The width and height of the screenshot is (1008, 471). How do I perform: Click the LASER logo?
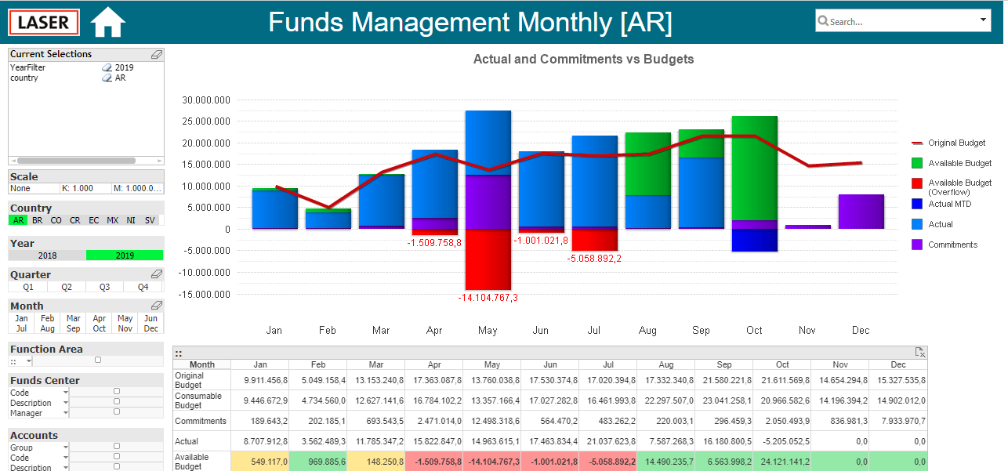[x=44, y=22]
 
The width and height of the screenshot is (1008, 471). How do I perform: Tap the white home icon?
[x=107, y=22]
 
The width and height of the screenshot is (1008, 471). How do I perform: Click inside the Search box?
[x=902, y=21]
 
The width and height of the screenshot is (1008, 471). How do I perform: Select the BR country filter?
[x=38, y=220]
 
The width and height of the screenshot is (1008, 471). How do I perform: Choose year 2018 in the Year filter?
[x=47, y=255]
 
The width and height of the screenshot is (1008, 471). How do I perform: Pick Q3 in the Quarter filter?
[x=104, y=287]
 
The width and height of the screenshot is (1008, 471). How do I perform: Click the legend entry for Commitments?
[x=945, y=245]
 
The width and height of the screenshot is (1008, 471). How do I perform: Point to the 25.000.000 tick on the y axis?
[x=205, y=121]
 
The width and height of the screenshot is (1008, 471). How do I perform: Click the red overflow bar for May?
[x=488, y=259]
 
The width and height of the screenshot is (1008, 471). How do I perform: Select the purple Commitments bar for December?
[x=861, y=212]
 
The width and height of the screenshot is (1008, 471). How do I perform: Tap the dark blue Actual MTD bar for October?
[x=755, y=241]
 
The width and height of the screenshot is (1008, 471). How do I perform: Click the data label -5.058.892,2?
[x=594, y=259]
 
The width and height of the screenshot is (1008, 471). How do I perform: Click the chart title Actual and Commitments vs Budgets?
[x=583, y=59]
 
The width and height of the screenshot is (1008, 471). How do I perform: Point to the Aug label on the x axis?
[x=647, y=330]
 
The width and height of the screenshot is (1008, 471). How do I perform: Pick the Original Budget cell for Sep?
[x=723, y=380]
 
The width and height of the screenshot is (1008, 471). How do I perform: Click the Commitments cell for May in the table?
[x=491, y=421]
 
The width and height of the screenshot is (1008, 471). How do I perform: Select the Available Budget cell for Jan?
[x=260, y=462]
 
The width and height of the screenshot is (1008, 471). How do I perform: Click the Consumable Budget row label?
[x=198, y=400]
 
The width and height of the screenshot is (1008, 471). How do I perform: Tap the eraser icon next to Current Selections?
[x=157, y=54]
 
